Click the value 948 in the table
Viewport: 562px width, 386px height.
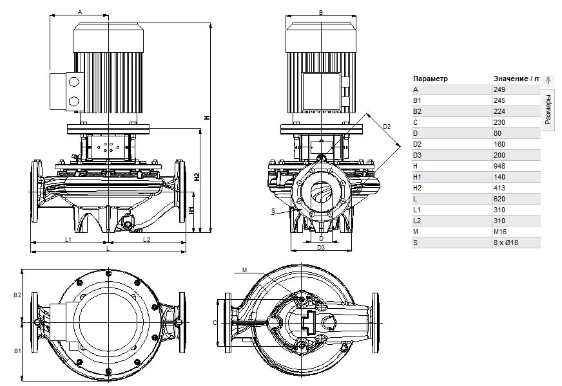[x=499, y=166]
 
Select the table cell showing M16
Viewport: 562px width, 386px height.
[x=500, y=232]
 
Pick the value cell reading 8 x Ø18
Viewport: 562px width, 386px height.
[x=505, y=243]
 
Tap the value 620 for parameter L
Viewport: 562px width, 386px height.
[x=499, y=199]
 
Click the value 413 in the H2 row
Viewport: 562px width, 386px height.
[x=499, y=188]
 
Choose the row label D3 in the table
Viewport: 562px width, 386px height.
[x=418, y=155]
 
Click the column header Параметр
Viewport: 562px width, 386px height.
[x=430, y=78]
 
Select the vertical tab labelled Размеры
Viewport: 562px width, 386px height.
[x=548, y=109]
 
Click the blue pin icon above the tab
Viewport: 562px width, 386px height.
[x=548, y=80]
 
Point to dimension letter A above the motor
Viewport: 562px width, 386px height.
[x=80, y=12]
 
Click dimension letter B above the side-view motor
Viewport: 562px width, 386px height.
[x=320, y=12]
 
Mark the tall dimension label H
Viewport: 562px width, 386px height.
[x=207, y=117]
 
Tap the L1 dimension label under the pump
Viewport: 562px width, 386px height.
[x=68, y=239]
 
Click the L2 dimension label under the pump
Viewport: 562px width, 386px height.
[x=146, y=239]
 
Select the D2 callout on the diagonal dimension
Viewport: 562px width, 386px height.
[x=387, y=127]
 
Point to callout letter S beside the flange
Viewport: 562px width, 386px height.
[x=273, y=210]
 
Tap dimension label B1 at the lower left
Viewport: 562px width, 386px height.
[x=18, y=352]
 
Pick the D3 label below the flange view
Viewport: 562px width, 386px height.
[x=320, y=247]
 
